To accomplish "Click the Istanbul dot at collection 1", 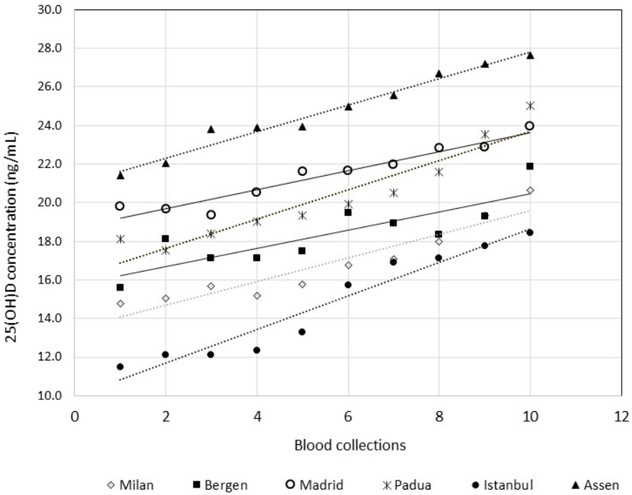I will tap(120, 367).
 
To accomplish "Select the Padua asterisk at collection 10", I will tap(530, 106).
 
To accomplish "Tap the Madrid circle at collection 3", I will tap(211, 215).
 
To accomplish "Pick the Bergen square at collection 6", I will tap(348, 213).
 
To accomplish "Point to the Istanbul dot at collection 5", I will tap(302, 332).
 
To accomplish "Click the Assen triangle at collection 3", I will tap(211, 129).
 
